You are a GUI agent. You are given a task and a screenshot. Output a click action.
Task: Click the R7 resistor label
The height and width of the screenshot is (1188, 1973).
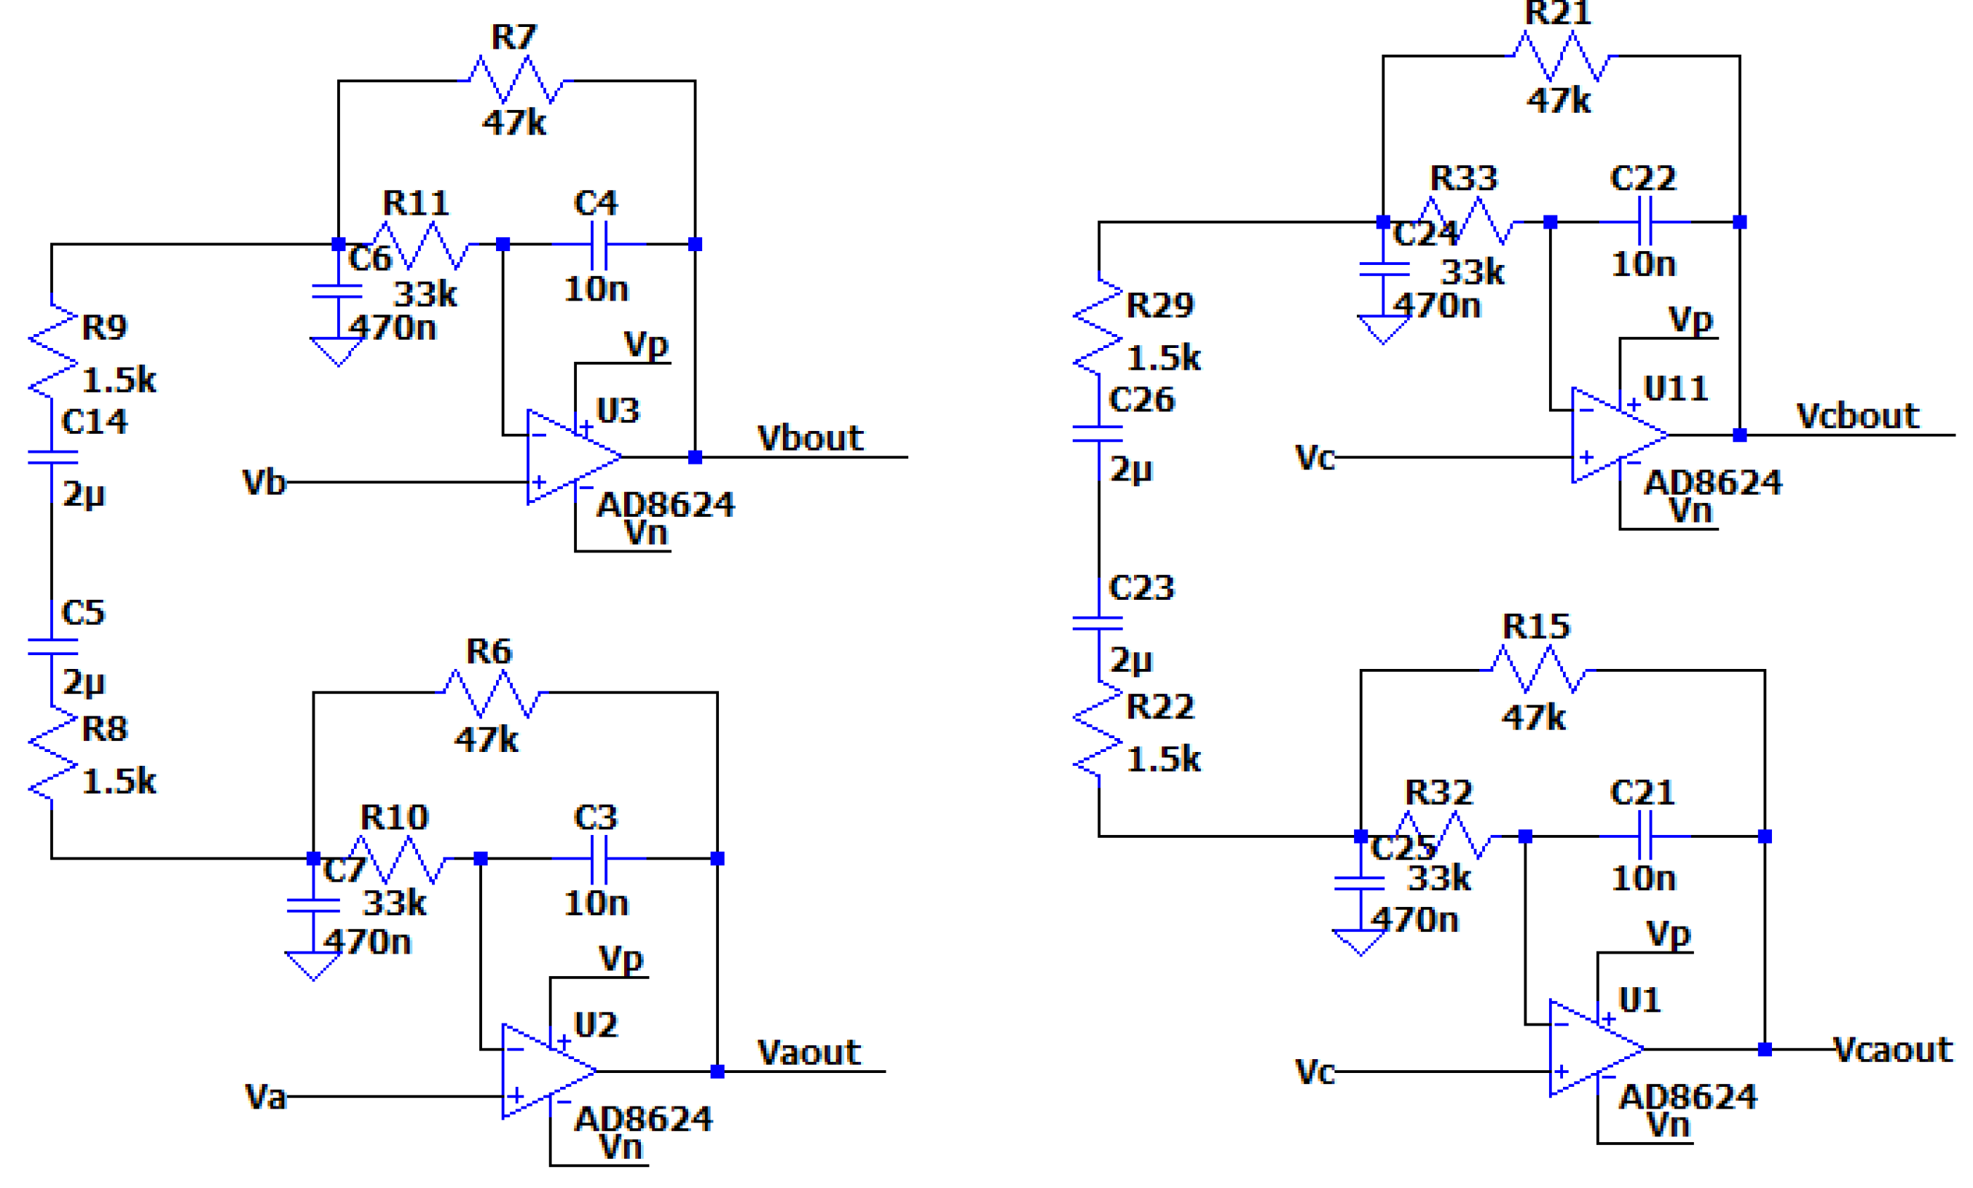(513, 38)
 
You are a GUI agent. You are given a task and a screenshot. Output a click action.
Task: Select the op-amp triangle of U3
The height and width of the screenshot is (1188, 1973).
(570, 457)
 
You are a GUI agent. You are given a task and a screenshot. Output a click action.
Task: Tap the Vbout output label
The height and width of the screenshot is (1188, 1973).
(810, 439)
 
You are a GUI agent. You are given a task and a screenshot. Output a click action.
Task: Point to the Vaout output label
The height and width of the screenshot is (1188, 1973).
(808, 1053)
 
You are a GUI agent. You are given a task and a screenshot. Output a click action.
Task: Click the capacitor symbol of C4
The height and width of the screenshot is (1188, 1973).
(599, 244)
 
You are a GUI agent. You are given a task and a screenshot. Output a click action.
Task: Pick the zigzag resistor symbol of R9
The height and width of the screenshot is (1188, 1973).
(53, 352)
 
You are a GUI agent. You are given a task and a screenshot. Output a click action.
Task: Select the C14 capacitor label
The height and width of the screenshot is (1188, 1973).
(94, 422)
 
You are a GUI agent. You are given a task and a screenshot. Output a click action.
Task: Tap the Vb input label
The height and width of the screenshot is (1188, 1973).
(264, 483)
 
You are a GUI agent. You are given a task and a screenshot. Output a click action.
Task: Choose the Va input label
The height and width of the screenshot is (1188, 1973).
(264, 1097)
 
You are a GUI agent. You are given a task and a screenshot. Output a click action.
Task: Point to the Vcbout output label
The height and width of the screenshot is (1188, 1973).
(1857, 416)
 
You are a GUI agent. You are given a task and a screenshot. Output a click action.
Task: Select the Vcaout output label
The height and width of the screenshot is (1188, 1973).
(1892, 1050)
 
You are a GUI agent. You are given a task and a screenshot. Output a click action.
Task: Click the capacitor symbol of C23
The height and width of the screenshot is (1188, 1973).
(1098, 624)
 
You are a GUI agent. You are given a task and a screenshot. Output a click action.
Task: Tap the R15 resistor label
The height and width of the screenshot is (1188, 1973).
(1535, 627)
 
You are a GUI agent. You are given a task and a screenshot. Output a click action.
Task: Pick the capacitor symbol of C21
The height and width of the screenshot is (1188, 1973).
(1644, 836)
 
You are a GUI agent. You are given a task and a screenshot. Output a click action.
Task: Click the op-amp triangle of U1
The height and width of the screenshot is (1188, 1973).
(1593, 1049)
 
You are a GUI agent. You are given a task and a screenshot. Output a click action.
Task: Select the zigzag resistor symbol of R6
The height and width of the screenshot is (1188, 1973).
(492, 693)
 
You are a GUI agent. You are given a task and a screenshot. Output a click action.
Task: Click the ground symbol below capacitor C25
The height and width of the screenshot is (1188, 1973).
(1360, 942)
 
